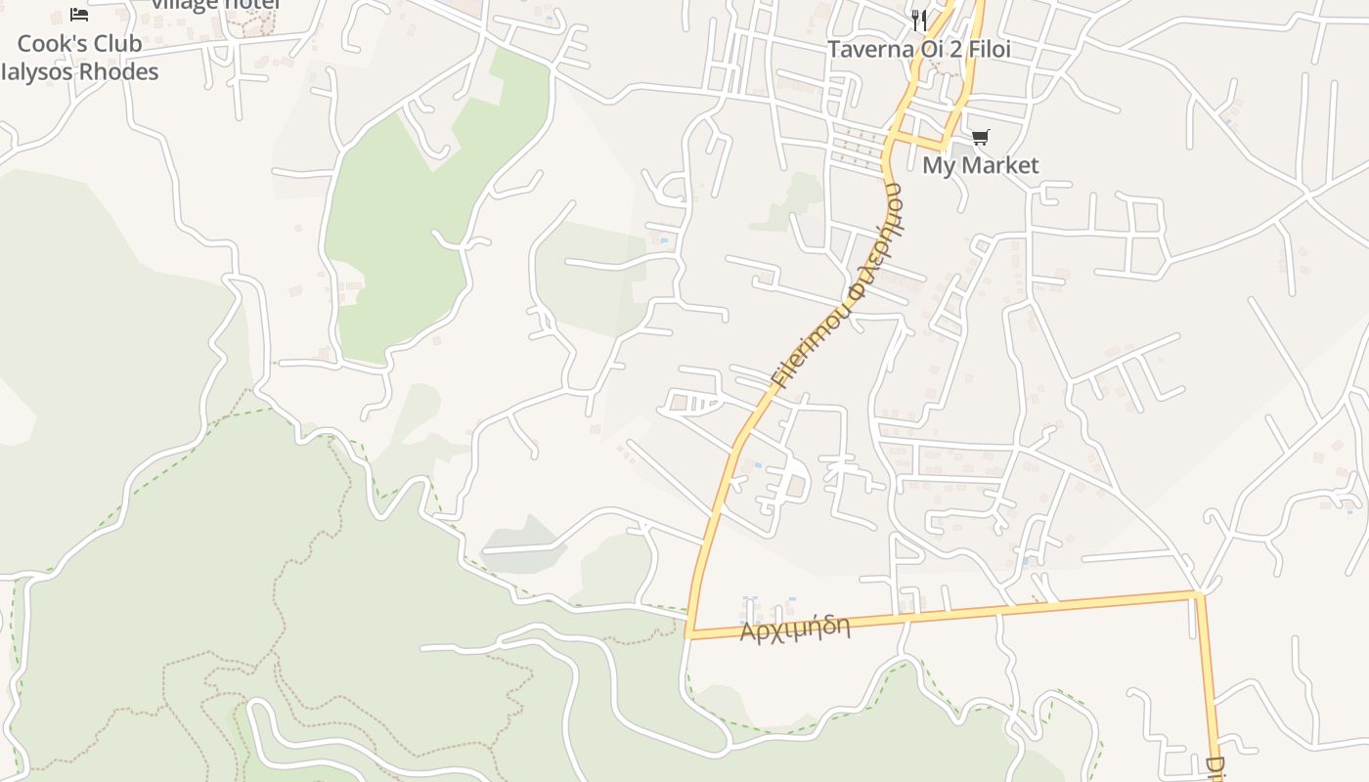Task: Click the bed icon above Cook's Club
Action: (79, 15)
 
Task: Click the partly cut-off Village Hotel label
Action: (215, 5)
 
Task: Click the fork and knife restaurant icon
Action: (918, 19)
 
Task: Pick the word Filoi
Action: (989, 49)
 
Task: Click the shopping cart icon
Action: (980, 137)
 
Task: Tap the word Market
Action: (1000, 165)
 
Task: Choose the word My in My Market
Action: (938, 165)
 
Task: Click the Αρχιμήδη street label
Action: (794, 629)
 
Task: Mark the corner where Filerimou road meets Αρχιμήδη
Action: (689, 634)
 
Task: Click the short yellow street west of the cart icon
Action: (924, 143)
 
